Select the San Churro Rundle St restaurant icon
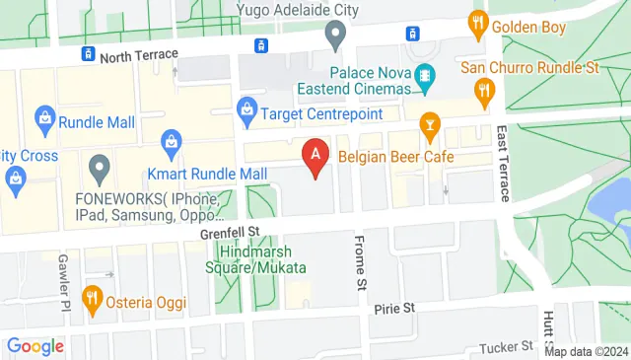coord(483,92)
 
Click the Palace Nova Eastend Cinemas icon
coord(425,75)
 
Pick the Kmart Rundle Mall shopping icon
coord(172,142)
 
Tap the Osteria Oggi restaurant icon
coord(92,297)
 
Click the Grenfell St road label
coord(229,233)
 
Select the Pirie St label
coord(394,309)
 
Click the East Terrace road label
coord(503,163)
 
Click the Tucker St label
coord(506,347)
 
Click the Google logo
coord(35,346)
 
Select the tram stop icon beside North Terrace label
coord(88,53)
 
